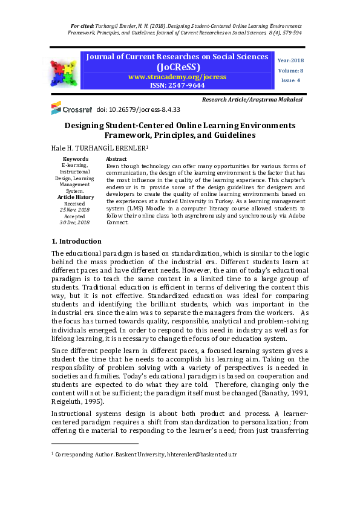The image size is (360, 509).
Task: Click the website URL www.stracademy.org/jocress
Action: (x=177, y=77)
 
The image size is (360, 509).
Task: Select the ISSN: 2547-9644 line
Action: (x=177, y=86)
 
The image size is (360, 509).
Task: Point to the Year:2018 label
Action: (x=290, y=60)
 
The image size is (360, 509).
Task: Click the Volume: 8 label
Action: (x=290, y=71)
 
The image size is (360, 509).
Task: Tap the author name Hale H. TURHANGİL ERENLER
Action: (x=99, y=148)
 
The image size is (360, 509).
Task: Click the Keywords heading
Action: (x=75, y=159)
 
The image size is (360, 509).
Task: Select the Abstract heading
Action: (x=116, y=159)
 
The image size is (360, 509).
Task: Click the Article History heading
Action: (x=75, y=197)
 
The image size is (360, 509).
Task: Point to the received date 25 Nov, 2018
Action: (x=75, y=210)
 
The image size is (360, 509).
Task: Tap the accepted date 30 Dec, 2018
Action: (x=75, y=222)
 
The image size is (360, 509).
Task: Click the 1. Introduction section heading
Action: (x=76, y=241)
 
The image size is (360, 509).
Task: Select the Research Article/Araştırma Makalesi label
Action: (x=252, y=99)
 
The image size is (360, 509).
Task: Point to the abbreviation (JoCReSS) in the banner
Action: (x=177, y=66)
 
